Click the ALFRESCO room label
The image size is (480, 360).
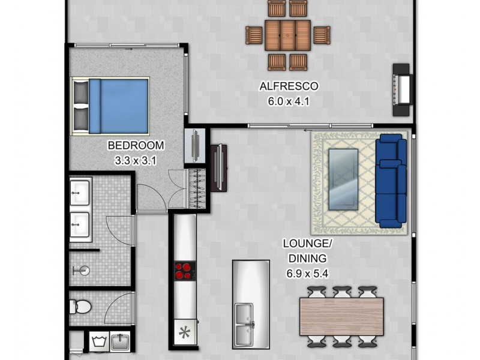(288, 86)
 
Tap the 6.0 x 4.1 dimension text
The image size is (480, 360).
(288, 101)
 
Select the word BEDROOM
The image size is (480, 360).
(135, 145)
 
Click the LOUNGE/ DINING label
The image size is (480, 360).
(306, 251)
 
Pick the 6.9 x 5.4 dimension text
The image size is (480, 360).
(306, 274)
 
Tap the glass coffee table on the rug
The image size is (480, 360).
(343, 179)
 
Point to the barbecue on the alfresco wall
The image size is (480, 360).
(403, 89)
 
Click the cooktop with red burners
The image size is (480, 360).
(185, 271)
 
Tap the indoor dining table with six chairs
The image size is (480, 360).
(341, 316)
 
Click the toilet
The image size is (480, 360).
(80, 307)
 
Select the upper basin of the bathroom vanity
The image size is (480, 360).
(80, 193)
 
